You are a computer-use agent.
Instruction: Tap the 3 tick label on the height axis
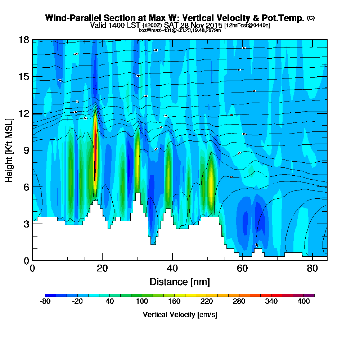pyautogui.click(x=26, y=224)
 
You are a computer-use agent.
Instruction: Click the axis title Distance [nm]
pyautogui.click(x=180, y=282)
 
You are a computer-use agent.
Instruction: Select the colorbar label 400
pyautogui.click(x=304, y=302)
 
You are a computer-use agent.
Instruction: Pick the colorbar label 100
pyautogui.click(x=142, y=302)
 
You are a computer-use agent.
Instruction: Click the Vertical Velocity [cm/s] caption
pyautogui.click(x=180, y=315)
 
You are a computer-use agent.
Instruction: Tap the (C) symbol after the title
pyautogui.click(x=311, y=18)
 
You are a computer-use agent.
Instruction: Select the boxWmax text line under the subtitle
pyautogui.click(x=180, y=30)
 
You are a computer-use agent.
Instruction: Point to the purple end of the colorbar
pyautogui.click(x=311, y=295)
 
